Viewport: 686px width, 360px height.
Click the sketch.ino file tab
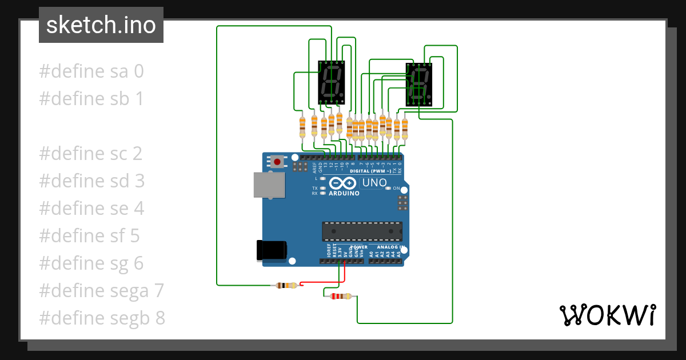pyautogui.click(x=101, y=25)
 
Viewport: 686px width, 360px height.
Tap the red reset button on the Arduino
pyautogui.click(x=277, y=162)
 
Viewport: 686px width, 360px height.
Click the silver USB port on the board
pyautogui.click(x=269, y=185)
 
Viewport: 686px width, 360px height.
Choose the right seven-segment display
pyautogui.click(x=419, y=85)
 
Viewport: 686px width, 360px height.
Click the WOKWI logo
pyautogui.click(x=607, y=315)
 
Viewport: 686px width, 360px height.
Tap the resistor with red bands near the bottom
pyautogui.click(x=341, y=296)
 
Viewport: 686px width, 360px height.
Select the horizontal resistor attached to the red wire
pyautogui.click(x=286, y=285)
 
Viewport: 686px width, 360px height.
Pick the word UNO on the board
pyautogui.click(x=374, y=183)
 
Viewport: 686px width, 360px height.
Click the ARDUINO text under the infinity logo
pyautogui.click(x=344, y=193)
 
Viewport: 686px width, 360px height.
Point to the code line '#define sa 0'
pyautogui.click(x=91, y=71)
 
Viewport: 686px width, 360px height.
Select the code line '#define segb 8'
pyautogui.click(x=102, y=318)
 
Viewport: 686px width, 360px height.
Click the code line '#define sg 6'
pyautogui.click(x=91, y=263)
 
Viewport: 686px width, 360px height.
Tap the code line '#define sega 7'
pyautogui.click(x=101, y=290)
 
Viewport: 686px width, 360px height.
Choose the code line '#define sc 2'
pyautogui.click(x=90, y=153)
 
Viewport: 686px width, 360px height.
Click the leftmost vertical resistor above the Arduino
pyautogui.click(x=302, y=127)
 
